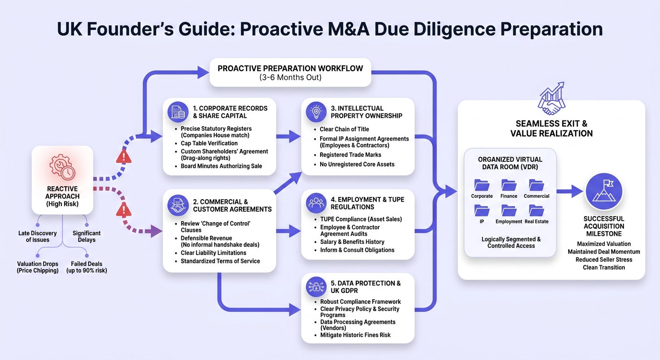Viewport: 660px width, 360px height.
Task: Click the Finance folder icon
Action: point(509,185)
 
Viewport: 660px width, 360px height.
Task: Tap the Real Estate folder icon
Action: point(536,210)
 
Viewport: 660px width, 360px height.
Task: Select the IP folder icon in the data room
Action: point(482,210)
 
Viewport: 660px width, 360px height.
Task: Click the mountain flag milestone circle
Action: point(604,192)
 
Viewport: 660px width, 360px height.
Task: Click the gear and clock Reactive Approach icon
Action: point(62,167)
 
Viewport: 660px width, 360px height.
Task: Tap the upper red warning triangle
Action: point(124,157)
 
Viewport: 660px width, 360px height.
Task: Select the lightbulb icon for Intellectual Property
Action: point(316,112)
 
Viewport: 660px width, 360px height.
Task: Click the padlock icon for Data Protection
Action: point(316,287)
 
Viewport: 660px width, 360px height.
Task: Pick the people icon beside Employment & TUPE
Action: point(316,203)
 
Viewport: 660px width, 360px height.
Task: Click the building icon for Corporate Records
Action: point(178,112)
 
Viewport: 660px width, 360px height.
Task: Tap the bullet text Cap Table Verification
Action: point(209,143)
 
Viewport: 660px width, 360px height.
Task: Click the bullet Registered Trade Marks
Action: point(350,155)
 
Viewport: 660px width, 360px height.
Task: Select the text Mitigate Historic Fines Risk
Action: point(355,335)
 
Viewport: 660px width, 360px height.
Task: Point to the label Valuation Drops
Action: point(37,264)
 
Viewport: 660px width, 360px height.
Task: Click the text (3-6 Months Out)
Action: point(290,77)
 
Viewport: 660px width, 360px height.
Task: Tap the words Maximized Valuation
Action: point(604,244)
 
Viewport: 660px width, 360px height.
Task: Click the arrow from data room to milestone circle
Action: point(570,192)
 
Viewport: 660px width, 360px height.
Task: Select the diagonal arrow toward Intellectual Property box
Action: point(288,183)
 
